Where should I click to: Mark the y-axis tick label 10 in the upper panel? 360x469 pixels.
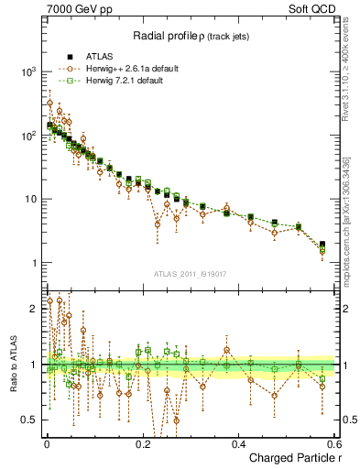pyautogui.click(x=31, y=199)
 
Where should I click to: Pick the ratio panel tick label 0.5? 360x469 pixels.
pyautogui.click(x=31, y=420)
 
